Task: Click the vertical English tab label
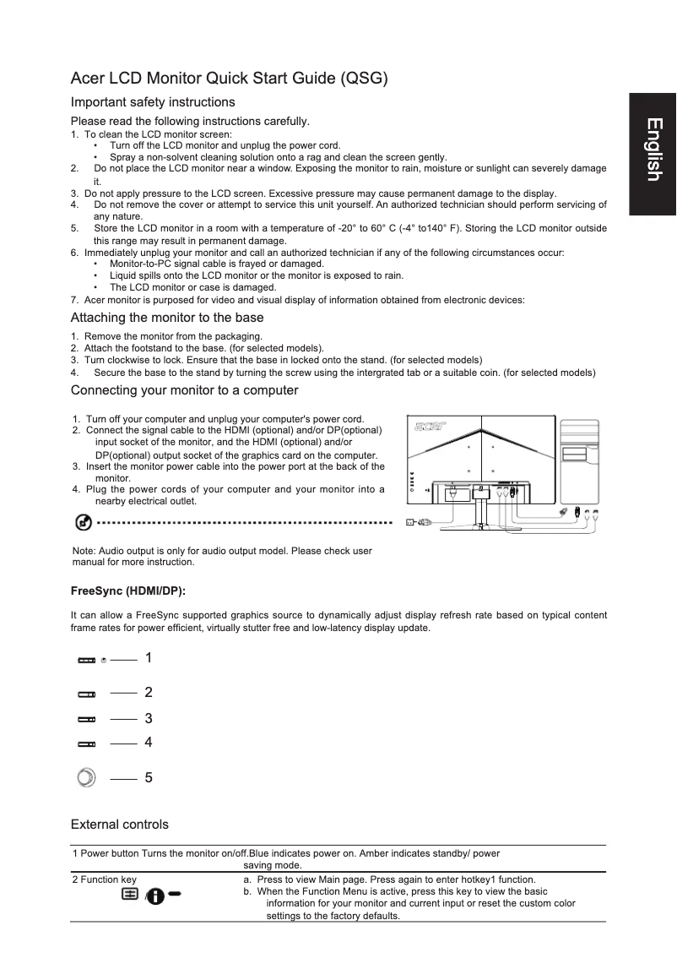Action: [653, 150]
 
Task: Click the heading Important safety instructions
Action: [153, 102]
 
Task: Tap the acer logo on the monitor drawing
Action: [429, 426]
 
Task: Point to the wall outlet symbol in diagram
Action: [412, 522]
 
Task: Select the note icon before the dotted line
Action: [84, 523]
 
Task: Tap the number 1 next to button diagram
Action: [149, 657]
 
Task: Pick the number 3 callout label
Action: [149, 719]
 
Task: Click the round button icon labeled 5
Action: [86, 777]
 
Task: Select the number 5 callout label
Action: [149, 777]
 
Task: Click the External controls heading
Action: [119, 825]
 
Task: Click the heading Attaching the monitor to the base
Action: [167, 318]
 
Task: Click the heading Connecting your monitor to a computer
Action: [184, 390]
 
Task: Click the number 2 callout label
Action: [149, 693]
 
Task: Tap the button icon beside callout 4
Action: [87, 744]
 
